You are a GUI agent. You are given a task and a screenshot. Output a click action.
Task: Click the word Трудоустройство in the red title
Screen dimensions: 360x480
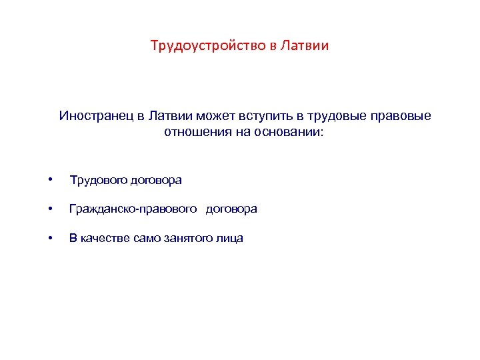[207, 46]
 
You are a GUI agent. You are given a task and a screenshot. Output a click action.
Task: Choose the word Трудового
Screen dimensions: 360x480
[100, 180]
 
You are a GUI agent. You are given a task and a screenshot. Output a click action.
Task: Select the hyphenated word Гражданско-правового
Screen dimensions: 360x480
[133, 209]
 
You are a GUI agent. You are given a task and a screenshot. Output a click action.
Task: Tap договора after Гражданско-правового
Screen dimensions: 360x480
[231, 209]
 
